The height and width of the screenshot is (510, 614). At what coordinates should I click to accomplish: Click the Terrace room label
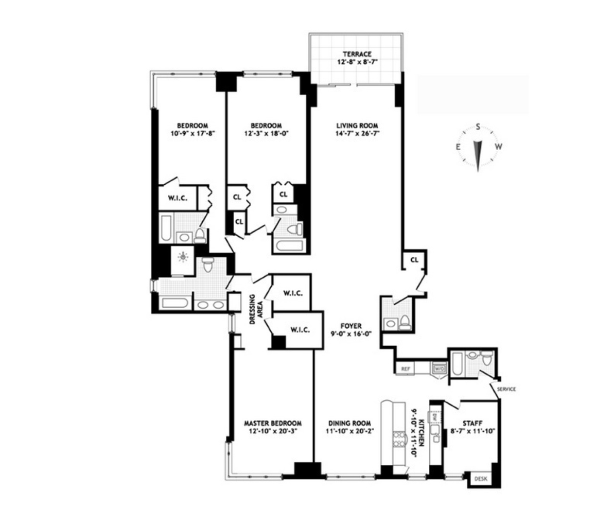point(357,54)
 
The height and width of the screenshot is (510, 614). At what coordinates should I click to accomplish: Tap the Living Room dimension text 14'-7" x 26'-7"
point(357,133)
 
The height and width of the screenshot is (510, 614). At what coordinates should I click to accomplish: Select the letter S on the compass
point(478,126)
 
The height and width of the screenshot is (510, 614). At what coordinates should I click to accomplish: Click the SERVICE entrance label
point(506,389)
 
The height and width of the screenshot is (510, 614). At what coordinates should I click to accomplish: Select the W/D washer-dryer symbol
point(439,369)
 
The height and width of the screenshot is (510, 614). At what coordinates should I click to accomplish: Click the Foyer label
point(351,326)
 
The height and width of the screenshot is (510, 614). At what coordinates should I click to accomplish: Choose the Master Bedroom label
point(273,423)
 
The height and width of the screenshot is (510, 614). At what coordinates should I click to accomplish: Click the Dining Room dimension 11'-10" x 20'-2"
point(349,431)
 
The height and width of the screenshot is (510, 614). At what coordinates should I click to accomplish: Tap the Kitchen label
point(421,432)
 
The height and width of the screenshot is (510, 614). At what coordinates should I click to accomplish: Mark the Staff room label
point(472,423)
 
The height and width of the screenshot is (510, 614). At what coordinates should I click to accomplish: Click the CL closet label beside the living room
point(414,260)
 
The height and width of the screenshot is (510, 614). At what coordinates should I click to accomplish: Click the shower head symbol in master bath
point(183,257)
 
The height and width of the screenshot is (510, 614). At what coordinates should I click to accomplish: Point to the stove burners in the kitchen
point(399,439)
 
